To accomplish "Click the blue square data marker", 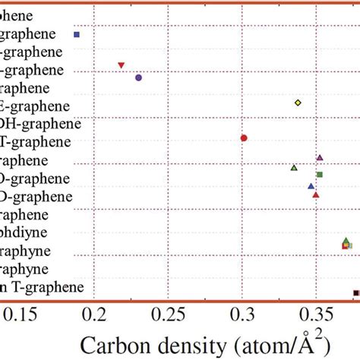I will pos(76,34).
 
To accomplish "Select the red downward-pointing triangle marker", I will pos(121,65).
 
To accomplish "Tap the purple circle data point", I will pos(138,77).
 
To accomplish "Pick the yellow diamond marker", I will pos(298,103).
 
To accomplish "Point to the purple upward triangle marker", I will pos(320,158).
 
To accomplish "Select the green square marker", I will pos(320,175).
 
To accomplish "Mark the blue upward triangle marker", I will pos(311,185).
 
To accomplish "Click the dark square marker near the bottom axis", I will pos(355,293).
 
